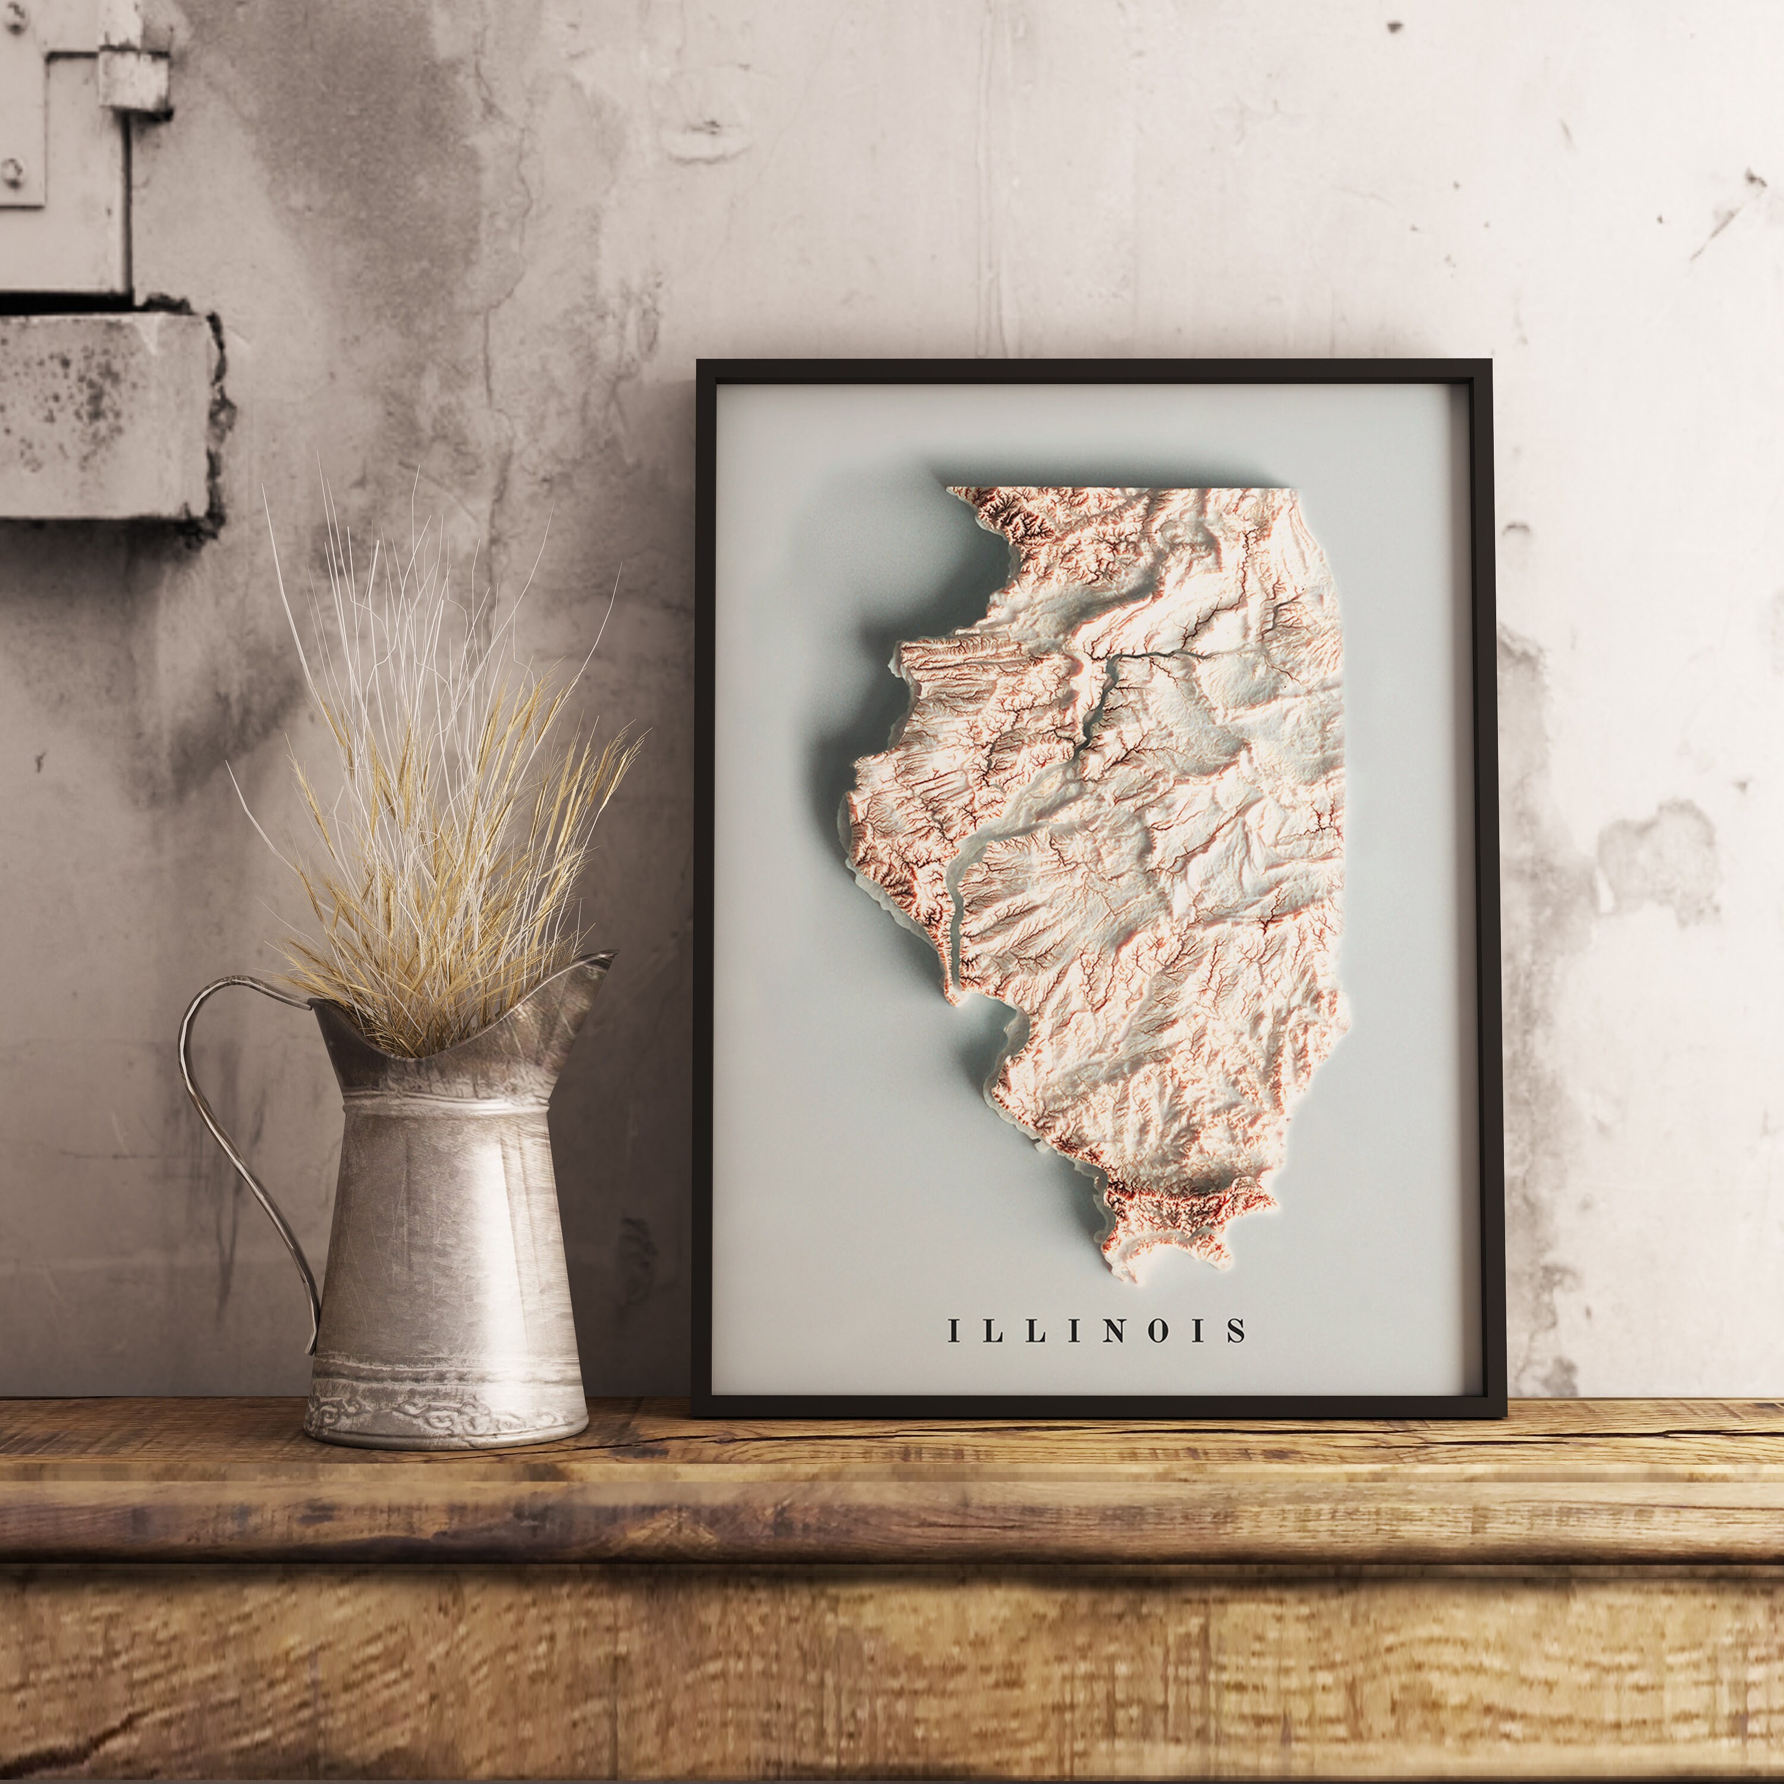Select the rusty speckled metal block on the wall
tap(102, 416)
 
